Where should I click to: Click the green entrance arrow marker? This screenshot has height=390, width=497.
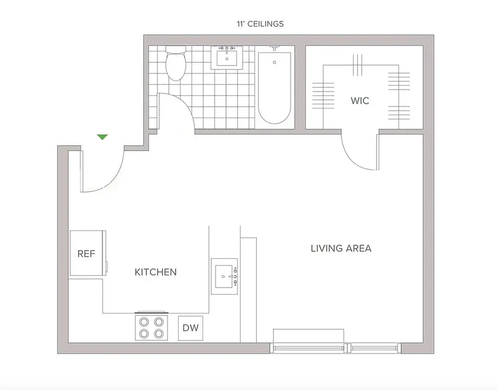[x=102, y=137]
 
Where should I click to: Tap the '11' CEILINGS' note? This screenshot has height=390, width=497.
[x=259, y=23]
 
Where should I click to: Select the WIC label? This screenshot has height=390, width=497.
[x=360, y=101]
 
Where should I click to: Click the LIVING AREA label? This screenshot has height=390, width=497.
[x=341, y=248]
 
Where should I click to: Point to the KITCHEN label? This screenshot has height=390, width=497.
[x=155, y=272]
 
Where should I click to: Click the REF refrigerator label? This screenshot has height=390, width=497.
[x=86, y=254]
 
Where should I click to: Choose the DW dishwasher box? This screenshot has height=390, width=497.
[x=190, y=328]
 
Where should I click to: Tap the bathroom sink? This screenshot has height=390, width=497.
[x=227, y=59]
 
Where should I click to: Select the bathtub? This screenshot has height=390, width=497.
[x=274, y=88]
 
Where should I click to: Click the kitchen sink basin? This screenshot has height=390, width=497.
[x=224, y=276]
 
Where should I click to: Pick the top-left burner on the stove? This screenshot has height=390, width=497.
[x=144, y=322]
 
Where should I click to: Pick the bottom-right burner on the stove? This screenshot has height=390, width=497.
[x=159, y=333]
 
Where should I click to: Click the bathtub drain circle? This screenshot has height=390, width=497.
[x=274, y=62]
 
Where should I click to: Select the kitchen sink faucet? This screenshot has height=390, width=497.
[x=234, y=276]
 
